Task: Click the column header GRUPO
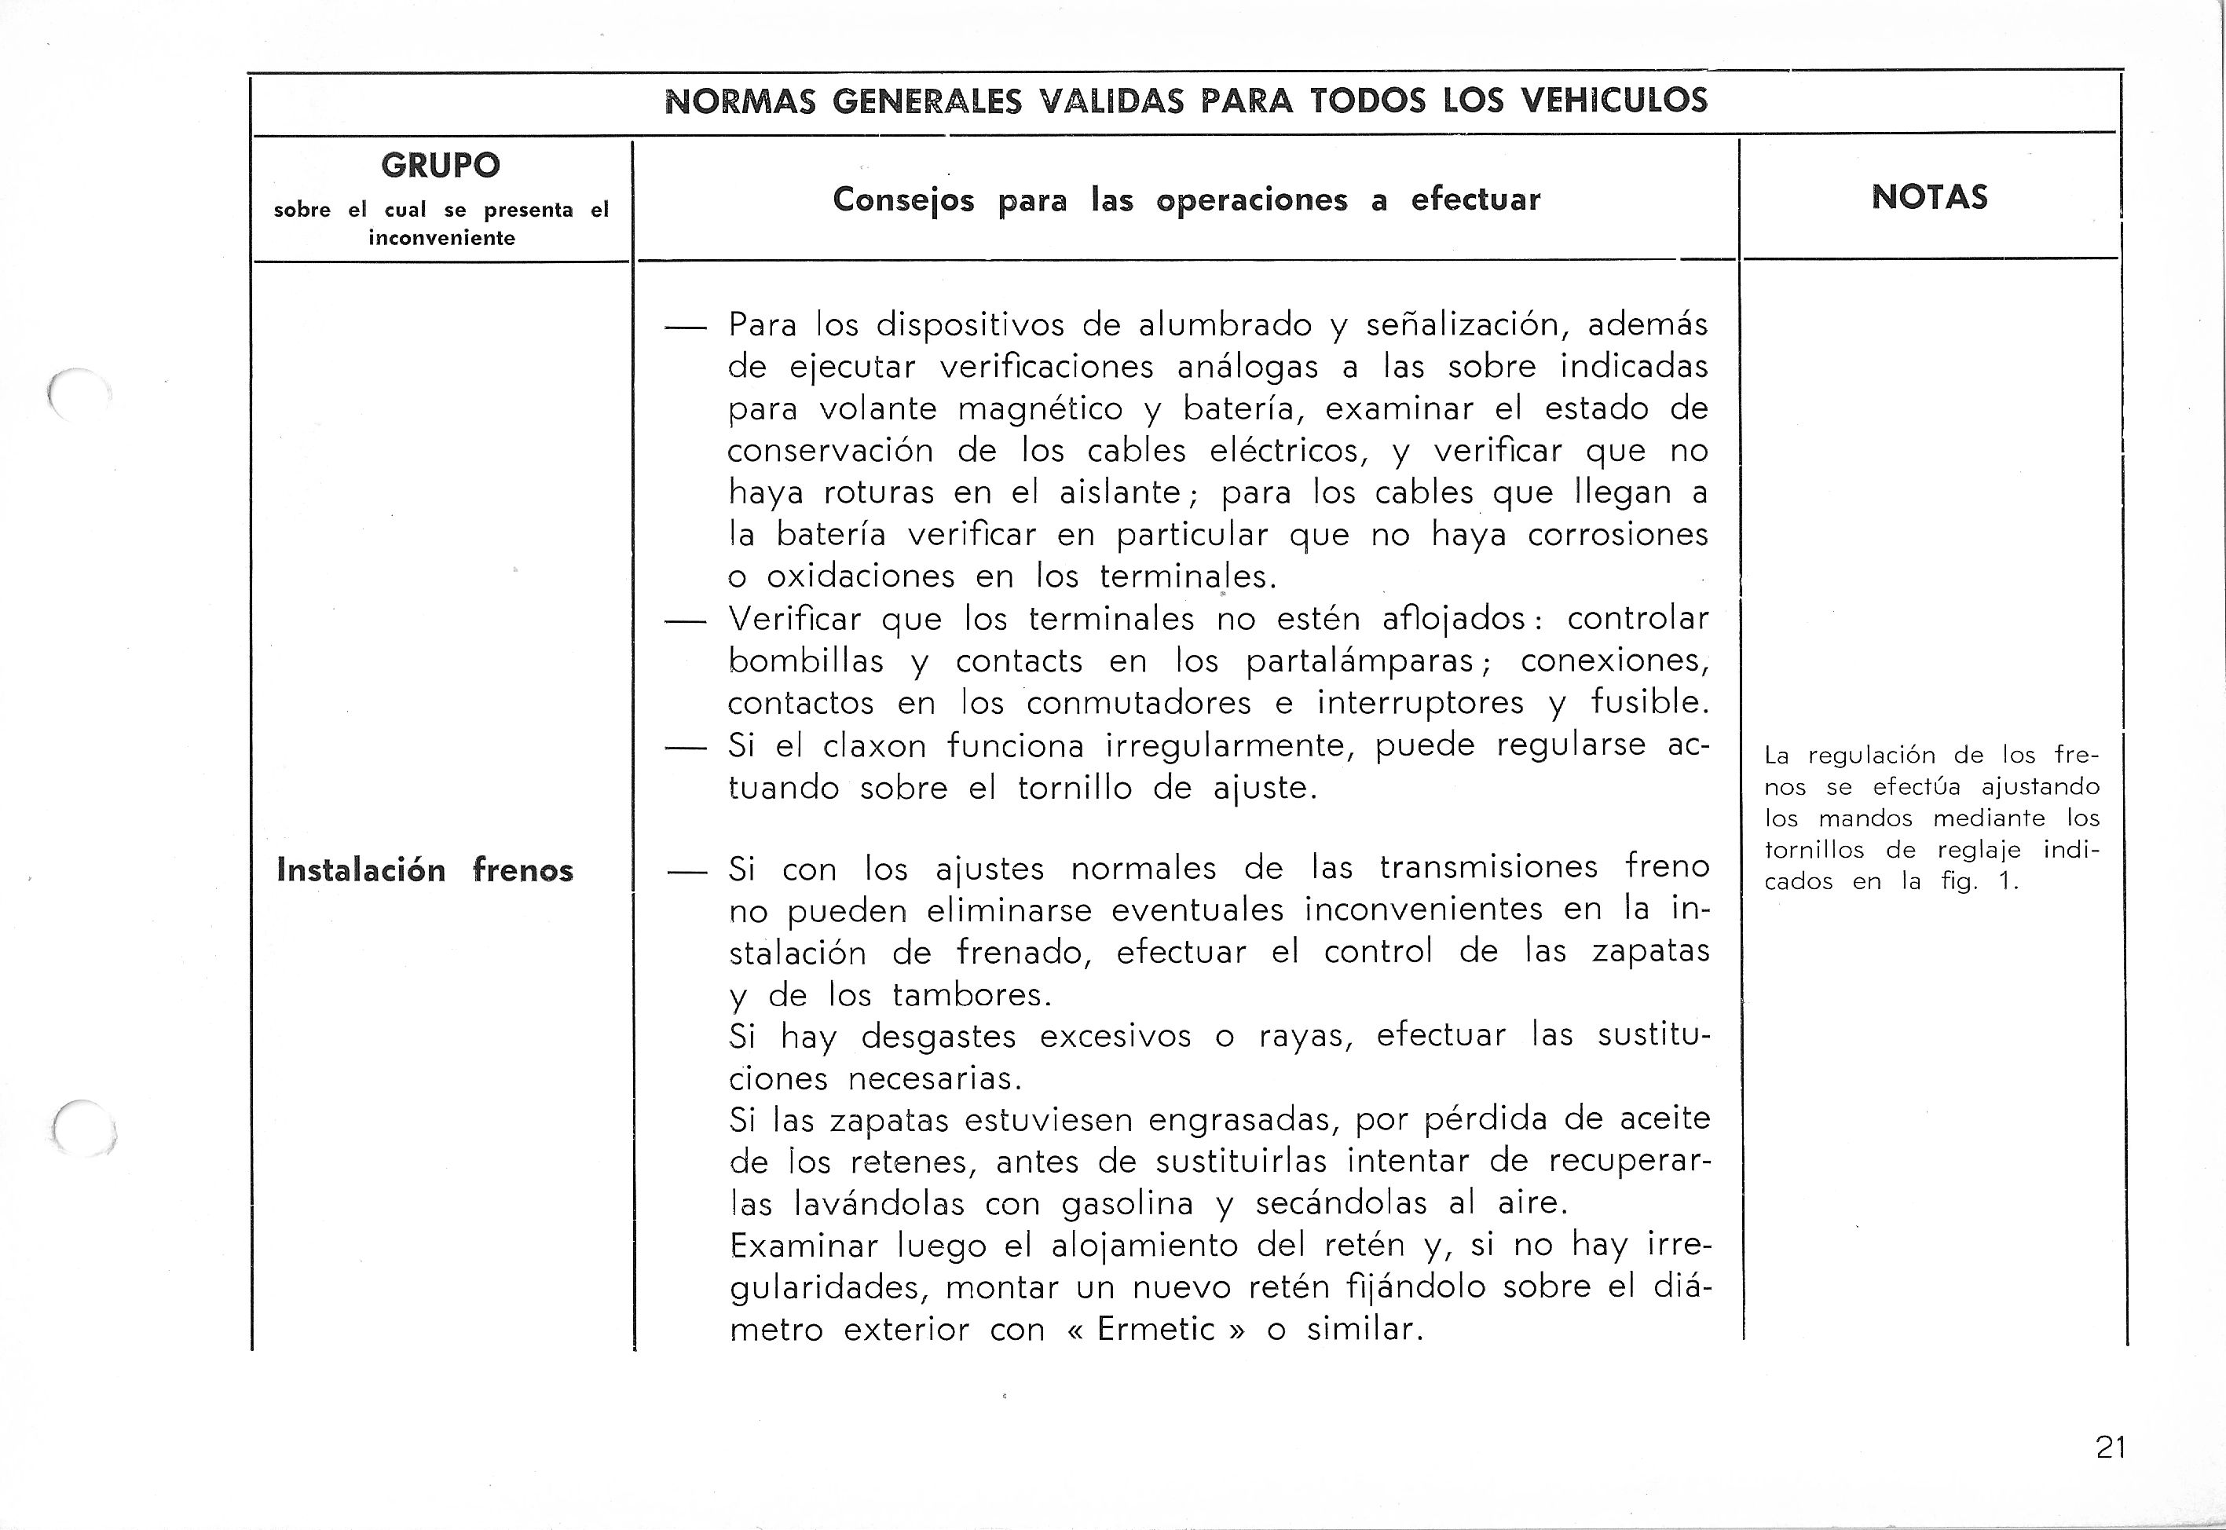pos(440,165)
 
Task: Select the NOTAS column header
pos(1929,197)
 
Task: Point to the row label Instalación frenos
pos(425,870)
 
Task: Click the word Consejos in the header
pos(903,199)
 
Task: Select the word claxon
pos(874,746)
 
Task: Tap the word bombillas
pos(805,661)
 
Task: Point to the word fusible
pos(1649,703)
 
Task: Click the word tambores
pos(971,995)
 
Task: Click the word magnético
pos(1040,409)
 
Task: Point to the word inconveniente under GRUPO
pos(441,238)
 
